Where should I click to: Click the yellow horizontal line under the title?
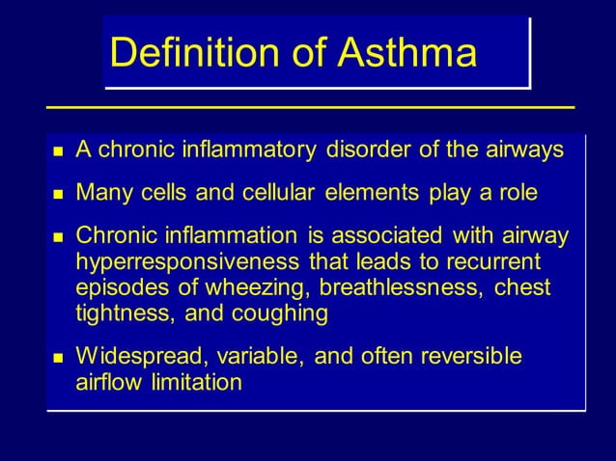click(x=309, y=106)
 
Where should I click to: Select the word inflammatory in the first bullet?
click(x=244, y=150)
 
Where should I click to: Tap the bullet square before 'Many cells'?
click(x=57, y=195)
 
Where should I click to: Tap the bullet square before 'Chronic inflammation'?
click(x=57, y=238)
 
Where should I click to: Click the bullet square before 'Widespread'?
click(x=57, y=358)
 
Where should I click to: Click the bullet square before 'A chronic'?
click(x=57, y=151)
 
